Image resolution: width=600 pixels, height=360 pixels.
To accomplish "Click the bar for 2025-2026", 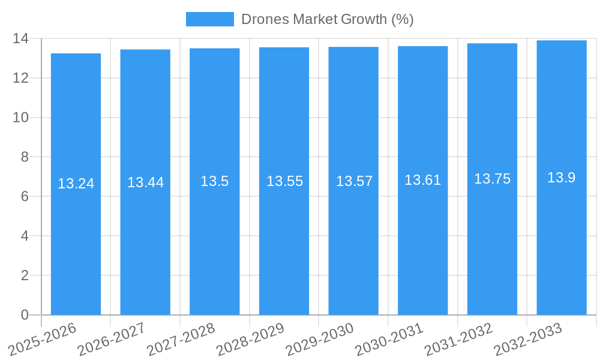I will point(76,240).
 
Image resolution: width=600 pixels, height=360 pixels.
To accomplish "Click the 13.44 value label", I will point(145,182).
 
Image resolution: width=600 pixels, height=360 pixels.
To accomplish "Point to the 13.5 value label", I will point(215,181).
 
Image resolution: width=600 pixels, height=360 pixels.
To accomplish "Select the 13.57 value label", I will point(354,181).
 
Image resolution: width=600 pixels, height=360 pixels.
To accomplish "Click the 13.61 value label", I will point(422,180).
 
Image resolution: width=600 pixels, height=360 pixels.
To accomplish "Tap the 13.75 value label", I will point(492,179).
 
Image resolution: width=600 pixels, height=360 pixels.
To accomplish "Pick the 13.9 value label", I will point(562,178).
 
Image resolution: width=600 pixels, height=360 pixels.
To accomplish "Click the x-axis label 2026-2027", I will point(112,340).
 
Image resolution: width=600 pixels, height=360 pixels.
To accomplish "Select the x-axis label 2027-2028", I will point(181,340).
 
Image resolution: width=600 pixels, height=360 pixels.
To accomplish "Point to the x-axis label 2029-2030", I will point(320,340).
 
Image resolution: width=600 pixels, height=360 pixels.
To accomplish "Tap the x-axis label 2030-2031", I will point(389,340).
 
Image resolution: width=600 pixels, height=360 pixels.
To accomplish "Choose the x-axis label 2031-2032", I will point(459,340).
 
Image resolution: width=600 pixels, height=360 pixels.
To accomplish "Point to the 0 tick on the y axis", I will point(25,315).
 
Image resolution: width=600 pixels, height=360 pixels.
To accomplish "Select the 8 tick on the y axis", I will point(25,157).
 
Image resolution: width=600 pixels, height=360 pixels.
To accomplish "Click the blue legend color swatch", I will point(210,19).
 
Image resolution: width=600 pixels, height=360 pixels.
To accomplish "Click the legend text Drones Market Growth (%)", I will point(327,19).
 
